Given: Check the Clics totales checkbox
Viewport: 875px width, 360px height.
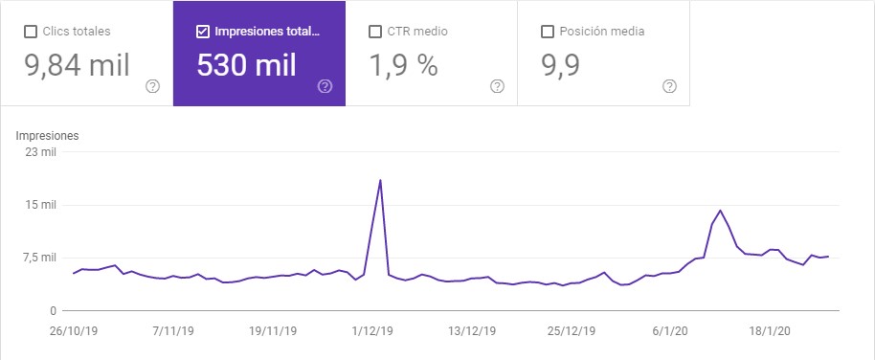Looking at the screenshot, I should (x=31, y=32).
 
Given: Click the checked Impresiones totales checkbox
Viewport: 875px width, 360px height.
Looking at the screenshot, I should (x=202, y=32).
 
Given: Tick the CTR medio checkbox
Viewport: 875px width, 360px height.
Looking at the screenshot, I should (x=375, y=32).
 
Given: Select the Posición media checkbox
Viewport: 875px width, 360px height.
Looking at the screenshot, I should (x=548, y=32).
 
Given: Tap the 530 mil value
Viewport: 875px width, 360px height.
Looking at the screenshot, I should (x=246, y=65).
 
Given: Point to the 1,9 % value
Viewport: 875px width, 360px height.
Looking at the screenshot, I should (x=403, y=65).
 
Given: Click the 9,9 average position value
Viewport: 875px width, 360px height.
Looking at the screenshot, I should (x=561, y=65).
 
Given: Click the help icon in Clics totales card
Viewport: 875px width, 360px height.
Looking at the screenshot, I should (x=152, y=86).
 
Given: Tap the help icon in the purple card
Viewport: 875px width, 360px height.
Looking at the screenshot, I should (x=325, y=86).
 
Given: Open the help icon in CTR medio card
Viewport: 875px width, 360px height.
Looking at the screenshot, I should (x=497, y=86).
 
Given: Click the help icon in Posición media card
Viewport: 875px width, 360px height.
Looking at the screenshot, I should (x=669, y=86).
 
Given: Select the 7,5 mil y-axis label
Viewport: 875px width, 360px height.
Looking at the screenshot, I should (x=42, y=258).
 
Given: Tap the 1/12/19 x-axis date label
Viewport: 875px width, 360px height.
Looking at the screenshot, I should (x=373, y=331).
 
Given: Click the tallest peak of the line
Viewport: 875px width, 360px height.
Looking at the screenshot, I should (x=381, y=180).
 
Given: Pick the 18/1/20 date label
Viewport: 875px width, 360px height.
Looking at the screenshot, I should (x=771, y=331).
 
